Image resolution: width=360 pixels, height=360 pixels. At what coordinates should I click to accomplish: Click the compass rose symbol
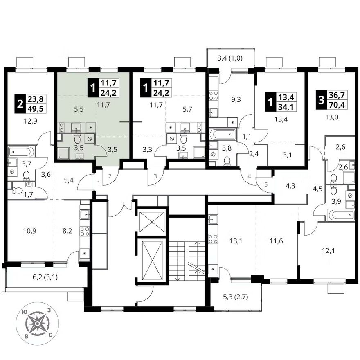click(x=37, y=324)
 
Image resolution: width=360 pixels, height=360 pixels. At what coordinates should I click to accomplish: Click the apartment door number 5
click(x=266, y=184)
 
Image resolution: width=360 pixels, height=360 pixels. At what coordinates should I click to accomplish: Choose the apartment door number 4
click(x=250, y=176)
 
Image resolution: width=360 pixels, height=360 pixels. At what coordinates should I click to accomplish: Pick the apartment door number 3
click(x=155, y=176)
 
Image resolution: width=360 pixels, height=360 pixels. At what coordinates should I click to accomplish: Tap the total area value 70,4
click(x=337, y=105)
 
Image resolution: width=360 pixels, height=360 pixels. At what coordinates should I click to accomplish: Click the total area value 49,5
click(x=36, y=108)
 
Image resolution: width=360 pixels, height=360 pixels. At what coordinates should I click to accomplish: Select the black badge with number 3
click(x=322, y=100)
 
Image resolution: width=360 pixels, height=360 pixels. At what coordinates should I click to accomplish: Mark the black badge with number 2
click(x=20, y=104)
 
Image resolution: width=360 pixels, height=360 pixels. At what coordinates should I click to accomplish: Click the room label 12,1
click(x=328, y=250)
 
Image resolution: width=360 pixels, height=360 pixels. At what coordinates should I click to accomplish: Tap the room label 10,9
click(x=29, y=231)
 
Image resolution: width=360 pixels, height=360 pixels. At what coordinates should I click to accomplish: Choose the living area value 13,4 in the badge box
click(x=286, y=97)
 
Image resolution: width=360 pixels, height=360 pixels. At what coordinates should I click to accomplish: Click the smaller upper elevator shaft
click(x=152, y=222)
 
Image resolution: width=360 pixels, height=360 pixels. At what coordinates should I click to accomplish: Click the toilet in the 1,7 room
click(x=16, y=190)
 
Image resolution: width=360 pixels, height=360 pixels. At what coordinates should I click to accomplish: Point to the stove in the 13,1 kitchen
click(x=213, y=239)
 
